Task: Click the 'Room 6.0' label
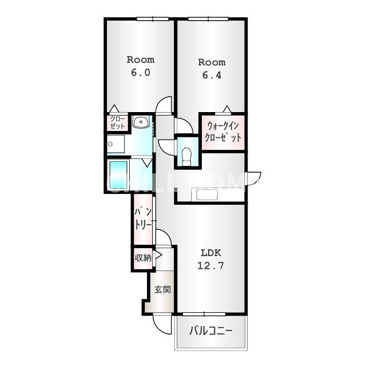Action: click(140, 66)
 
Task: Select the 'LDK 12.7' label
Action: click(210, 259)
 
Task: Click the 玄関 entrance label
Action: click(162, 290)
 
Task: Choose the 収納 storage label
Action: click(143, 258)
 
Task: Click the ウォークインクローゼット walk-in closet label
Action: click(224, 132)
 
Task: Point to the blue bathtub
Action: click(118, 174)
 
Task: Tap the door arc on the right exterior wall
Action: click(253, 178)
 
